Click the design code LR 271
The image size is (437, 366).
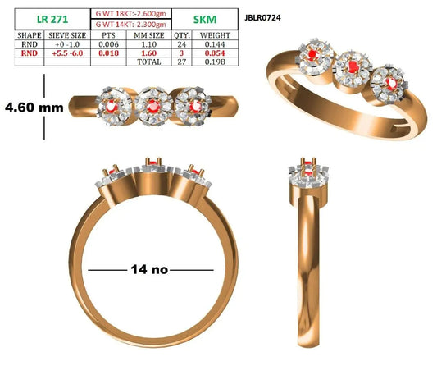click(52, 19)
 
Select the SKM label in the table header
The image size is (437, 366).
click(205, 20)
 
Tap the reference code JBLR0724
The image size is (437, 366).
click(262, 18)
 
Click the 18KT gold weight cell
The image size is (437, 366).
click(130, 14)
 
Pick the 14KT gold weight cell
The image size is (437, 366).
click(130, 25)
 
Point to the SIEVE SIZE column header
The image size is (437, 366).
click(67, 35)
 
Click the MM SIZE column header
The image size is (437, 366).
click(149, 35)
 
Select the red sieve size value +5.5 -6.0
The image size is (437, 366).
click(67, 53)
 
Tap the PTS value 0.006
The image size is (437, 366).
click(109, 44)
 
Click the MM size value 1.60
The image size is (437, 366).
click(149, 53)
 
